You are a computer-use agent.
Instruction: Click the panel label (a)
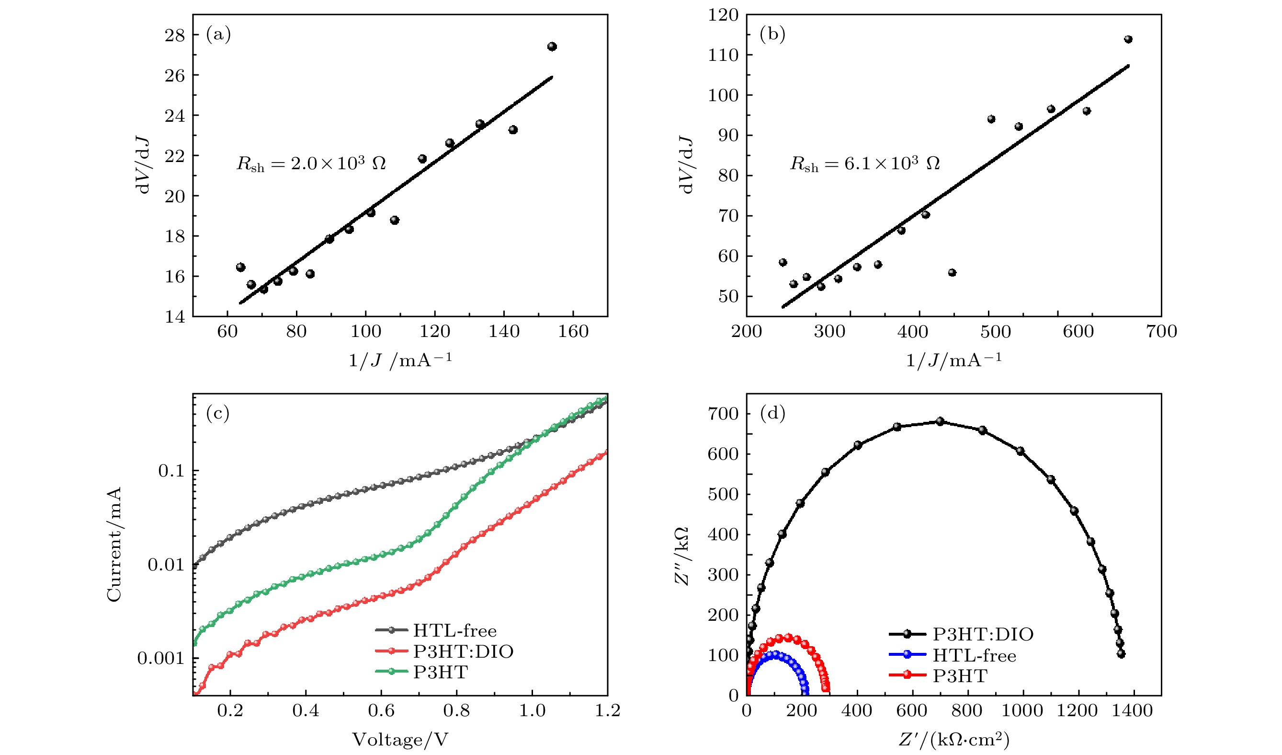(x=218, y=34)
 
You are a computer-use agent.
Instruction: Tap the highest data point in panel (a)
(x=552, y=47)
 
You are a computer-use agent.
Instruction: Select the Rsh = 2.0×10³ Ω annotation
(x=311, y=163)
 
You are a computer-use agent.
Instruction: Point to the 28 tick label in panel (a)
(x=174, y=35)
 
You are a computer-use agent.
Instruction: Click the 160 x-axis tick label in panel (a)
(x=573, y=332)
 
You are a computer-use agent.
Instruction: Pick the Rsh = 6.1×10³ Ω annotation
(x=864, y=163)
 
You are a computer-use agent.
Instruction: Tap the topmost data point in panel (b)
(x=1128, y=39)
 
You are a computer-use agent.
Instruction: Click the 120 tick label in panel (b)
(x=723, y=15)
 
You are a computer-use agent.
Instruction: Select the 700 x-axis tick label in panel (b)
(x=1161, y=332)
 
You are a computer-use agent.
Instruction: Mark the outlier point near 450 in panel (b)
(x=953, y=272)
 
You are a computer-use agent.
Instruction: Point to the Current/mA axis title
(x=114, y=544)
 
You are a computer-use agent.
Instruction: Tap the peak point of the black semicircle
(x=940, y=421)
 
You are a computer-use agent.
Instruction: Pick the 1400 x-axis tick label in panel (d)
(x=1132, y=711)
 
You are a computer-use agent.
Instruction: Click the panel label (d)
(x=772, y=413)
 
